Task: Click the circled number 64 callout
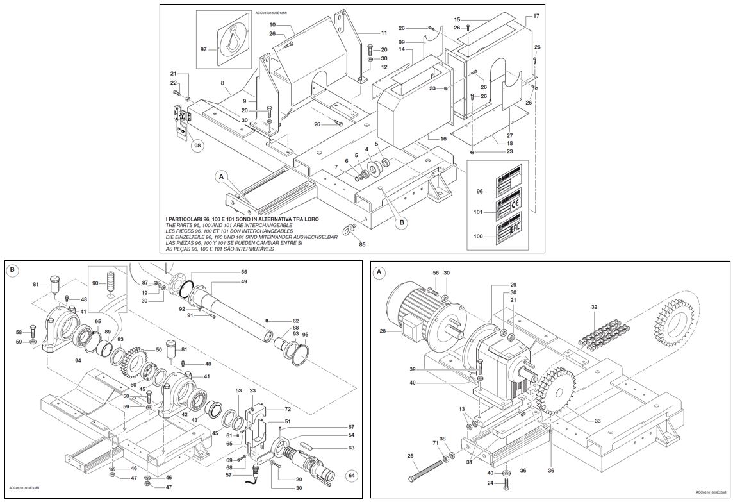click(350, 475)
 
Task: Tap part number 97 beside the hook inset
click(204, 49)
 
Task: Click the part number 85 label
click(362, 244)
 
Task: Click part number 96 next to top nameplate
click(479, 190)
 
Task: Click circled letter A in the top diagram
click(221, 175)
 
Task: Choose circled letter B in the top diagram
click(402, 222)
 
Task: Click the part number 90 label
click(95, 283)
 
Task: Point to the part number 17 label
click(536, 15)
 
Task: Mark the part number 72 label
click(288, 408)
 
